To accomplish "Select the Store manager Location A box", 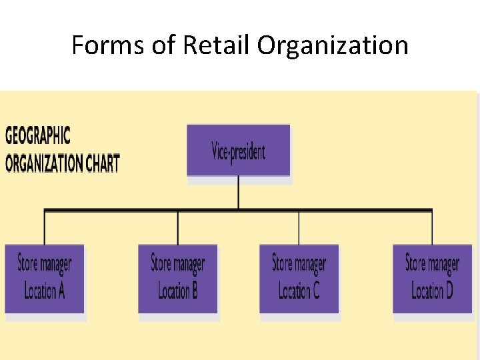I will (45, 278).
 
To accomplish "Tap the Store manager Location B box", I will (178, 278).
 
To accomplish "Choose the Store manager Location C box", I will (299, 278).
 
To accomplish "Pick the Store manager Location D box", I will (432, 278).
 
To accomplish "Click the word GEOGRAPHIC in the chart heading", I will (37, 136).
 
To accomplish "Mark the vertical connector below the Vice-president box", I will (239, 193).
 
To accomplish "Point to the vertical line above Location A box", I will (45, 228).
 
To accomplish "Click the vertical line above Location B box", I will (178, 228).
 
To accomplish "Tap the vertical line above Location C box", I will (299, 228).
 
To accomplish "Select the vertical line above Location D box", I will (432, 228).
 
